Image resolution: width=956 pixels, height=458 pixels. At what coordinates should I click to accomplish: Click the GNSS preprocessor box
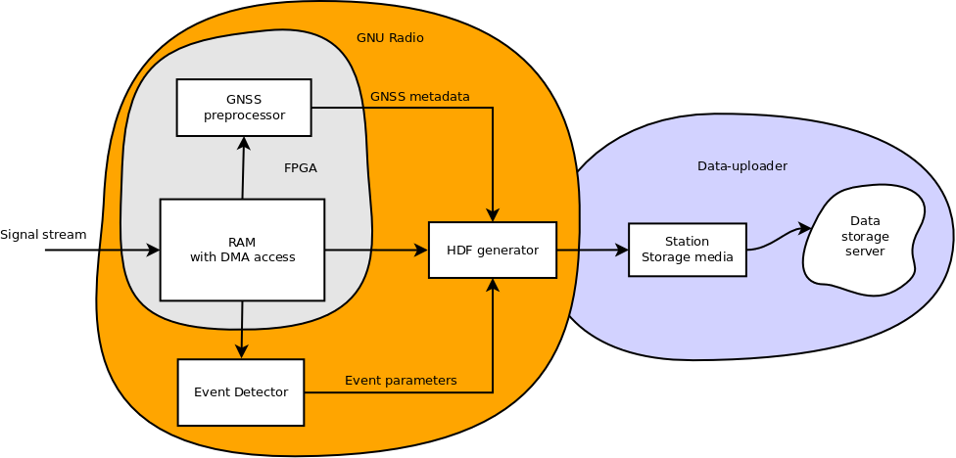244,108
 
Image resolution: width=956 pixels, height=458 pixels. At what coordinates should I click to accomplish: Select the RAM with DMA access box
242,250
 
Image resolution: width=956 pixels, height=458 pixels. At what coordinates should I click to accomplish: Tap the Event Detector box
241,392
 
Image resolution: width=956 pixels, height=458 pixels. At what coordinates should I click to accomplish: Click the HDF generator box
493,250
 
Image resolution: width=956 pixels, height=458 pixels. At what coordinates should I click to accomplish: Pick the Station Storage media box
687,250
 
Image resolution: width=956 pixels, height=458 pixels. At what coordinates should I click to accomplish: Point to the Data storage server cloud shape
864,240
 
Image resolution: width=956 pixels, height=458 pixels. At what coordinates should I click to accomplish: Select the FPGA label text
300,168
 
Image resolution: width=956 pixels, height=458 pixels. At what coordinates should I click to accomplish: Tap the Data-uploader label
741,166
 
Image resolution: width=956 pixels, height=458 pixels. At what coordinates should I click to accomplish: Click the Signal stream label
43,235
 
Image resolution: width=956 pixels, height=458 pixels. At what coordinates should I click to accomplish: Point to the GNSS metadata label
419,97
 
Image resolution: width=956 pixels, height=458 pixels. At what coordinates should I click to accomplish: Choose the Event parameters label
401,381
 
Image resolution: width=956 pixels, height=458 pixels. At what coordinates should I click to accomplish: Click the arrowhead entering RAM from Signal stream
153,251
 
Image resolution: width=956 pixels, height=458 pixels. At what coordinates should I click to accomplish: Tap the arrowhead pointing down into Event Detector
241,352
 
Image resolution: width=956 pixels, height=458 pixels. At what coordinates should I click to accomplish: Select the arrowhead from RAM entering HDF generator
421,251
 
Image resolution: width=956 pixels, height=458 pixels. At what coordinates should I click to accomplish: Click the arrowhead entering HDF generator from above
493,215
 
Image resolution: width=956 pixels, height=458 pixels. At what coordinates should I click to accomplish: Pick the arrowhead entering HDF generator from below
493,285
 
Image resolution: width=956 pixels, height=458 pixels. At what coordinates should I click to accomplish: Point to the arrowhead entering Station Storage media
622,250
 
